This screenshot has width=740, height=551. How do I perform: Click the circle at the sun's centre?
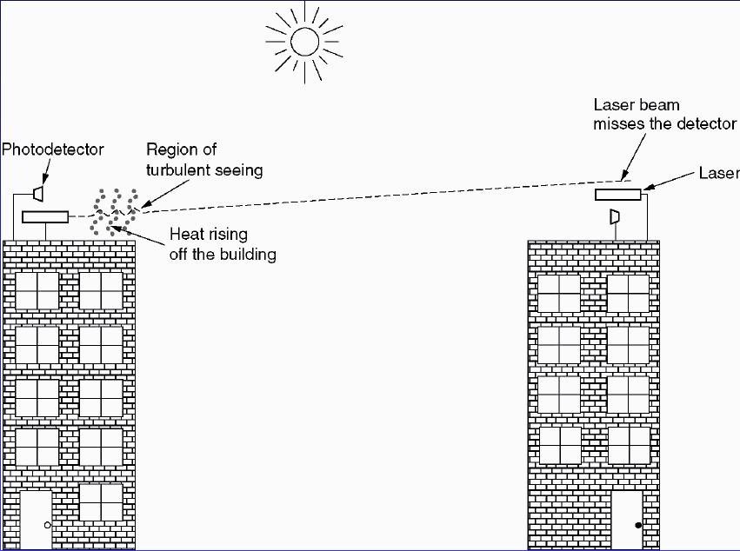point(304,41)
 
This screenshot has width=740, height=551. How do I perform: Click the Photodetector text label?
point(52,149)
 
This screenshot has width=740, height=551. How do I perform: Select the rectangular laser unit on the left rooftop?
point(44,216)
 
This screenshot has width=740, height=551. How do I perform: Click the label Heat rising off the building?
point(222,243)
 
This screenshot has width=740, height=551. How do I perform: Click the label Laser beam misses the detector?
point(664,114)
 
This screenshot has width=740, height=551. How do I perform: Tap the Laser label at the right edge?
point(718,174)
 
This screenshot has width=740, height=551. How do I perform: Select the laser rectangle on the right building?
point(617,194)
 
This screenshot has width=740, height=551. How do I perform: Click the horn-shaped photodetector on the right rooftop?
point(615,215)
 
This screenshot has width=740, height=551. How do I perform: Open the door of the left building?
point(37,520)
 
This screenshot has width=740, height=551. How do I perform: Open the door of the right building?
point(629,521)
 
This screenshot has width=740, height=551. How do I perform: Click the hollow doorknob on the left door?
point(48,526)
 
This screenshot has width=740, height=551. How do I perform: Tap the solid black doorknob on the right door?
point(638,526)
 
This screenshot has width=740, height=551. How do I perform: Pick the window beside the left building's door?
point(101,503)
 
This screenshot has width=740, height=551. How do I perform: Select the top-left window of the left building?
point(37,290)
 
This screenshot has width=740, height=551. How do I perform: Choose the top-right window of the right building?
point(628,293)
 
